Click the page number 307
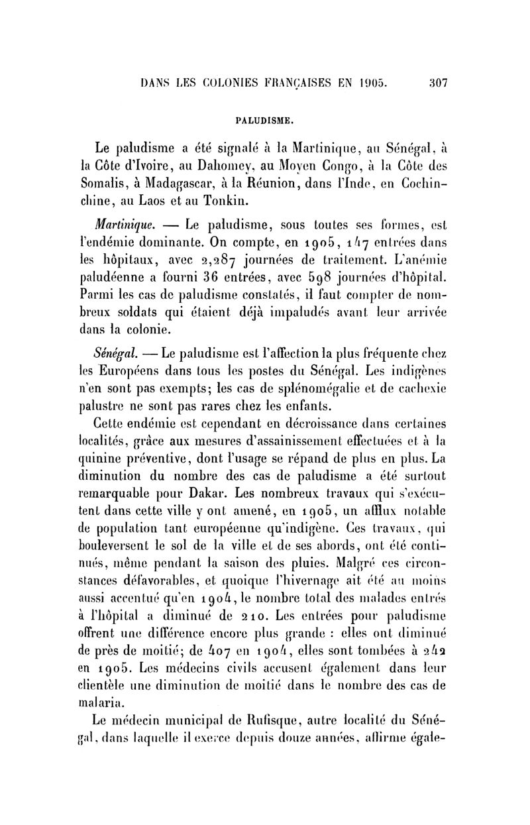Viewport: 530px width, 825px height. click(439, 84)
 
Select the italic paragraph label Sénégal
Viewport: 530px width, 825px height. click(116, 347)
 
